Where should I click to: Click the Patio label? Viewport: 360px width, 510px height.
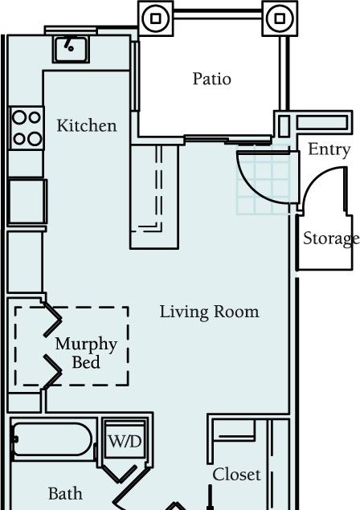click(211, 79)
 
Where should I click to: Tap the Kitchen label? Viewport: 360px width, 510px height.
click(87, 125)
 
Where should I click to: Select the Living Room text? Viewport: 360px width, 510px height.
click(210, 312)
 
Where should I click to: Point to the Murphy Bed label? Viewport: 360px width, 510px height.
click(86, 353)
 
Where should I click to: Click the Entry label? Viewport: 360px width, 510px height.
click(329, 150)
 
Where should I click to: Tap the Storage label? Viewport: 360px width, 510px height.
click(331, 239)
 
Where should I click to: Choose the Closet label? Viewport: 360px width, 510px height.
click(236, 475)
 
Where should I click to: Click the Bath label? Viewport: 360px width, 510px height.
click(65, 494)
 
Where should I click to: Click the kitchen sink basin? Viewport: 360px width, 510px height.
click(71, 49)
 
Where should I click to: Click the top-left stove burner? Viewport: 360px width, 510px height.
click(18, 117)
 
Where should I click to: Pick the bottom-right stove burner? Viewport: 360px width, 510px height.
click(35, 139)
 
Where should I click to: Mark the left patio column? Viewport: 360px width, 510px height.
click(156, 18)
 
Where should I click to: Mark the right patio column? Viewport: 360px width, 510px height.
click(280, 18)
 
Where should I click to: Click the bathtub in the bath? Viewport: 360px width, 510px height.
click(51, 440)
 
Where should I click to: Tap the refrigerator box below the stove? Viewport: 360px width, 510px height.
click(27, 202)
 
